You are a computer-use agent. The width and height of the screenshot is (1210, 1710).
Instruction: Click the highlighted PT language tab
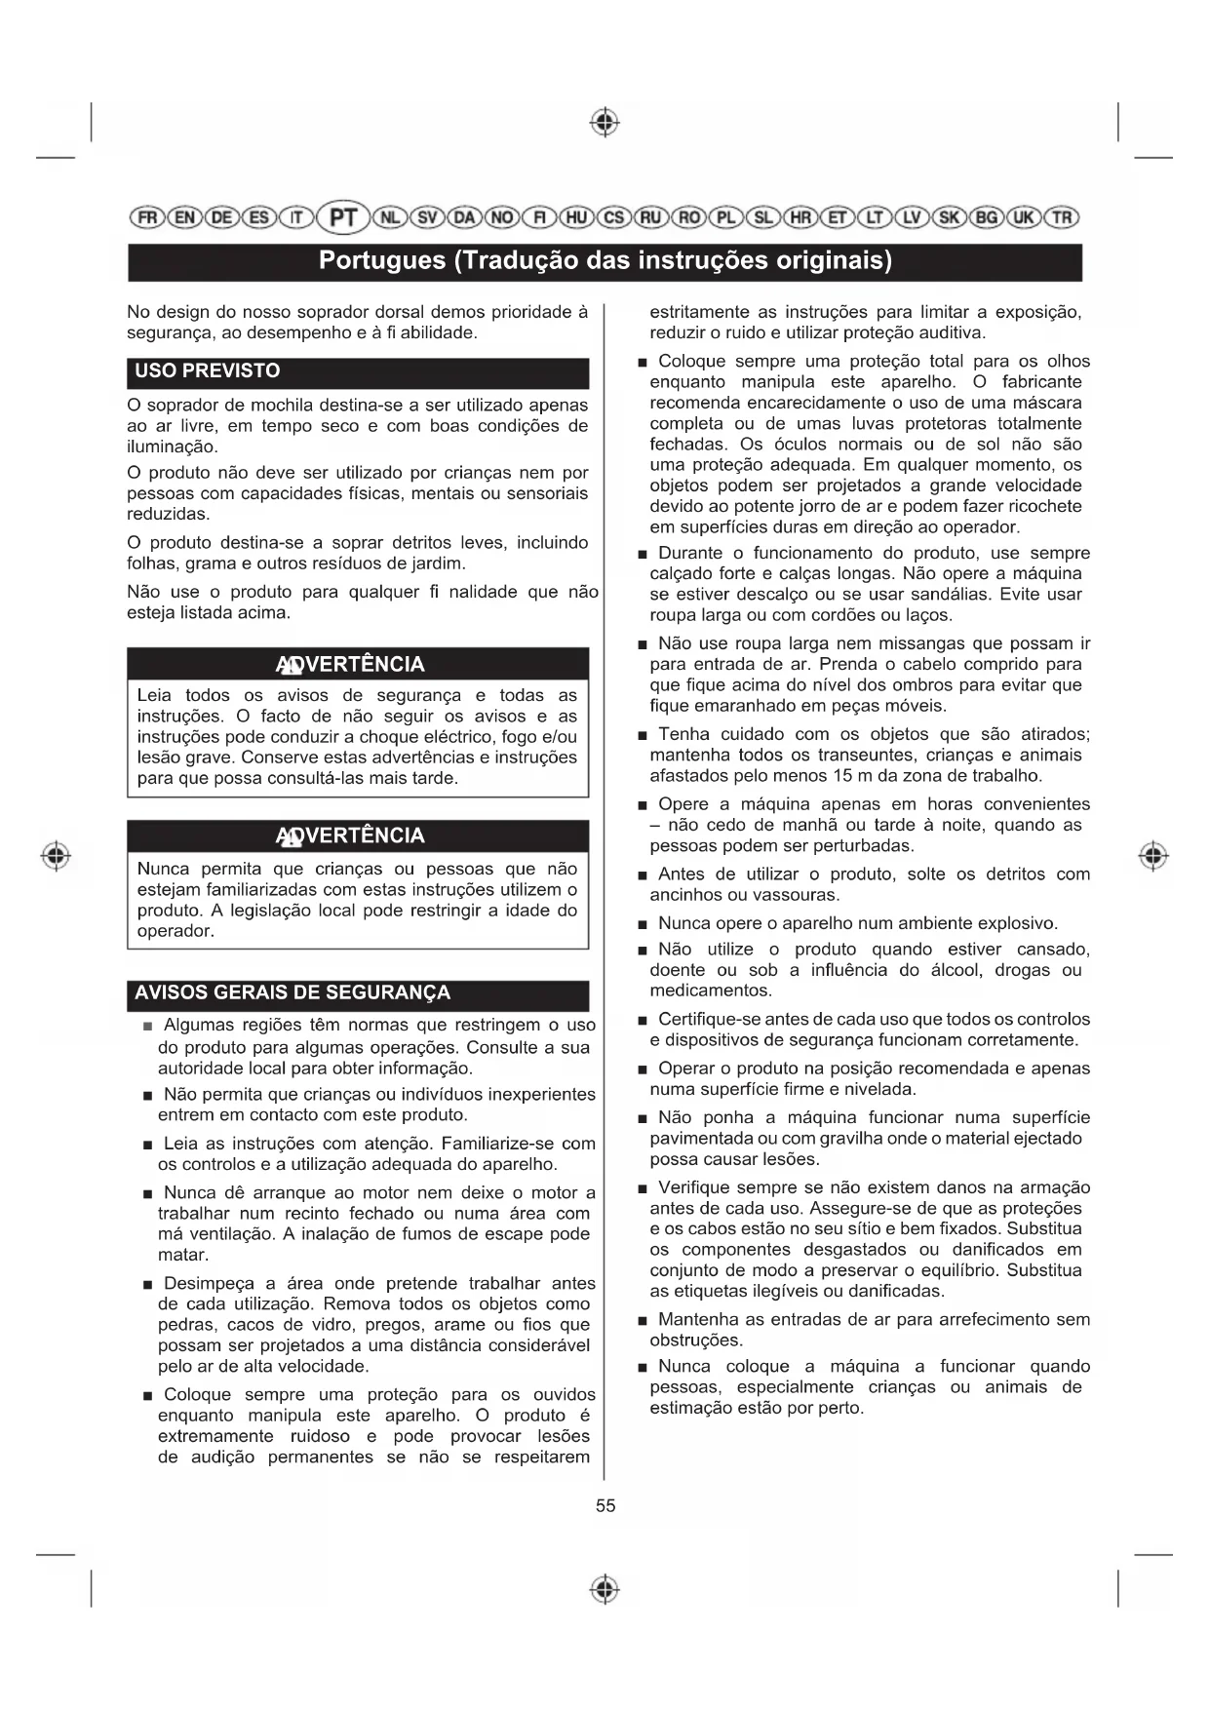pyautogui.click(x=343, y=216)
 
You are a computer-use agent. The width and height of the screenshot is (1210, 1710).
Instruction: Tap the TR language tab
pyautogui.click(x=1062, y=217)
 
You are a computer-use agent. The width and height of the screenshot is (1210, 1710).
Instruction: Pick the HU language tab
pyautogui.click(x=576, y=217)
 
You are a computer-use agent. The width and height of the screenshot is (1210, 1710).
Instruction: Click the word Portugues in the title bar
pyautogui.click(x=382, y=261)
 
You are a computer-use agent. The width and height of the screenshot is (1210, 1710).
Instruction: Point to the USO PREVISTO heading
pyautogui.click(x=208, y=370)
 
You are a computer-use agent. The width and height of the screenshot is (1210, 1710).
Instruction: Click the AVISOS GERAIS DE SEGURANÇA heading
pyautogui.click(x=293, y=992)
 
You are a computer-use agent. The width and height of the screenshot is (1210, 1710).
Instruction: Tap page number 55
pyautogui.click(x=605, y=1505)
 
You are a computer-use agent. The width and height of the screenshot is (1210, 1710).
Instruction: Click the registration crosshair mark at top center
pyautogui.click(x=605, y=122)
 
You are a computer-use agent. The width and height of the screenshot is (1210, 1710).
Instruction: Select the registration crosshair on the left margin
pyautogui.click(x=57, y=856)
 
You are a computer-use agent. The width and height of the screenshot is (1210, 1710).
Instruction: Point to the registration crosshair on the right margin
pyautogui.click(x=1153, y=856)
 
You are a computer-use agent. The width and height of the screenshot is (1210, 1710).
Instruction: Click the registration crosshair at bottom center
pyautogui.click(x=605, y=1588)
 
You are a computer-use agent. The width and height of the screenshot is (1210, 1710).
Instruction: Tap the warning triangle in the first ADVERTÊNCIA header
pyautogui.click(x=289, y=666)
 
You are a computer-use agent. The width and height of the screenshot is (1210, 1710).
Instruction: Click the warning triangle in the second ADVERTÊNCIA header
pyautogui.click(x=289, y=836)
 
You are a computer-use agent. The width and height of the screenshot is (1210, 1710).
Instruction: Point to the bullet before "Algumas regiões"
pyautogui.click(x=147, y=1027)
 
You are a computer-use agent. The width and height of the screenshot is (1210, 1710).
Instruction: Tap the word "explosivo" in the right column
pyautogui.click(x=1016, y=923)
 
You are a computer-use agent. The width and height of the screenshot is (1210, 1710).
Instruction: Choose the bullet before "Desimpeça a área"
pyautogui.click(x=147, y=1285)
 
